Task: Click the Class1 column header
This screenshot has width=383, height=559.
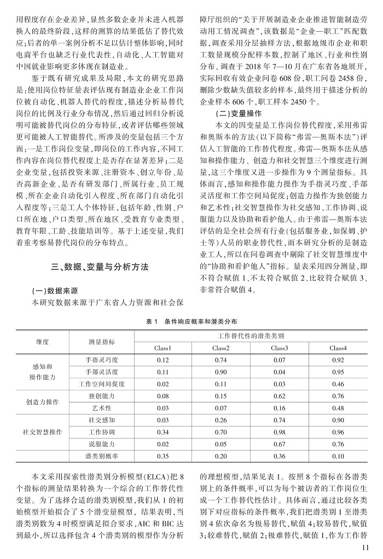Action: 163,348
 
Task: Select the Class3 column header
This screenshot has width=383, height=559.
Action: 279,348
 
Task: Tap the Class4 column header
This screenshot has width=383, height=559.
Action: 338,348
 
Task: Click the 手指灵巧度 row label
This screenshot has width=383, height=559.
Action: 102,360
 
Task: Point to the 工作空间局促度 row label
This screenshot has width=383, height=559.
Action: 102,384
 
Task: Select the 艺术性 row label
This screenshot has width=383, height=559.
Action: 102,407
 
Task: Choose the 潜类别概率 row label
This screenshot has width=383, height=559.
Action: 102,456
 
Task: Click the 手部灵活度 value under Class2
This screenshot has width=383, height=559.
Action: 220,372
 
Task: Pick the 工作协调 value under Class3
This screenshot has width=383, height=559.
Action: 279,431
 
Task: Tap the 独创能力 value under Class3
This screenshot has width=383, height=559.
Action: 279,395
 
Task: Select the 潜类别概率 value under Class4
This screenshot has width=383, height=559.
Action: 338,456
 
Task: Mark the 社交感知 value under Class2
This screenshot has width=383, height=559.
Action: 220,419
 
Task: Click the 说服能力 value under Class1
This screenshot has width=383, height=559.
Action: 163,443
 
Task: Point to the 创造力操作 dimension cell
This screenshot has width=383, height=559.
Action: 41,401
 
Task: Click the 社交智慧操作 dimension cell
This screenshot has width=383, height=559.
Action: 41,431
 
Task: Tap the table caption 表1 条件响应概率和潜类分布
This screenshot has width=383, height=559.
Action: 191,321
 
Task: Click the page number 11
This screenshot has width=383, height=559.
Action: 366,547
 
